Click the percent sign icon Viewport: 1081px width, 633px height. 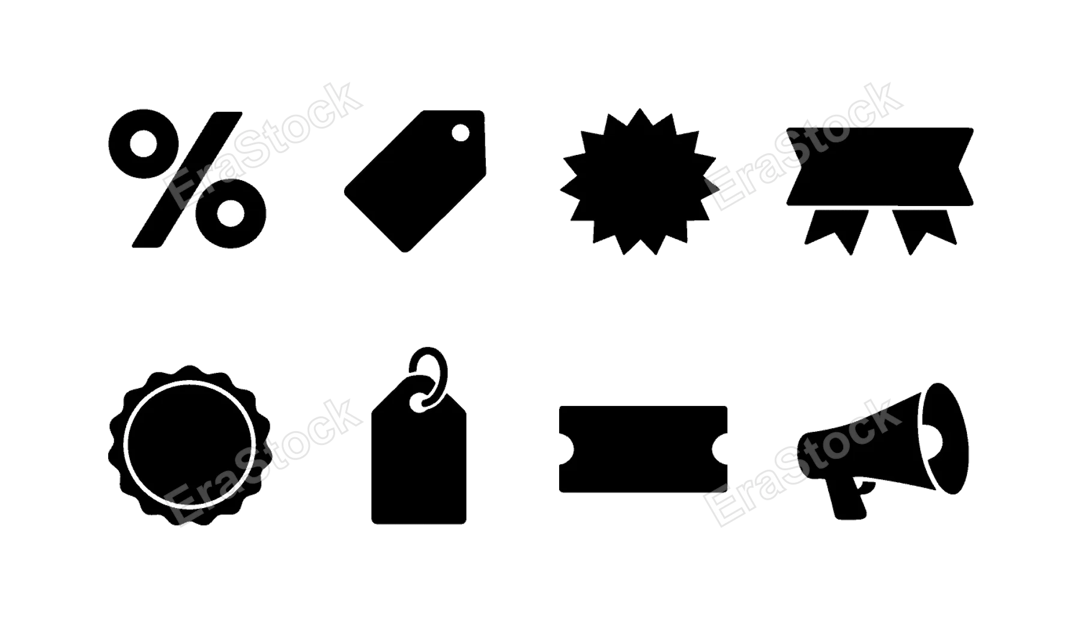tap(187, 179)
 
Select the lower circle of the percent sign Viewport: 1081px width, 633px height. tap(231, 214)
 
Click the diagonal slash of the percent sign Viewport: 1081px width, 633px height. tap(187, 179)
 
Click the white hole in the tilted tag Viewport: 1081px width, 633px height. tap(461, 133)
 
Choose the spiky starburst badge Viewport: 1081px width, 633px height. tap(638, 181)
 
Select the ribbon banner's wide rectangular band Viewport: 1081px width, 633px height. tap(880, 166)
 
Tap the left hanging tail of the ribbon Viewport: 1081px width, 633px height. tap(837, 230)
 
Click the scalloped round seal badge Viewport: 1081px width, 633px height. tap(189, 445)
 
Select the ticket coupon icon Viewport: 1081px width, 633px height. tap(643, 449)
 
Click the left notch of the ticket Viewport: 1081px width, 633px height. tap(566, 449)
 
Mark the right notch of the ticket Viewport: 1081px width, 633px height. tap(720, 449)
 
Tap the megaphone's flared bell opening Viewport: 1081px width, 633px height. tap(945, 438)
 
